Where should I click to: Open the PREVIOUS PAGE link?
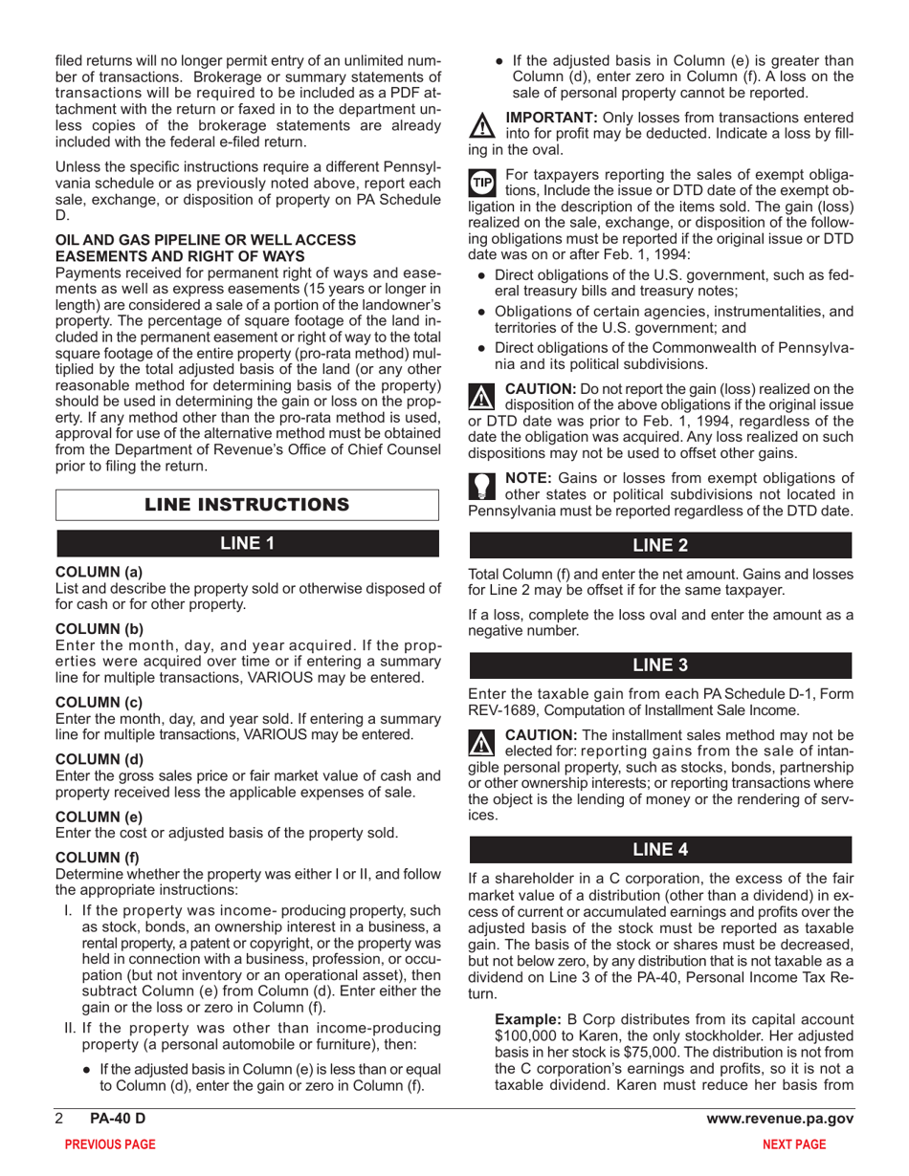pos(107,1144)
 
